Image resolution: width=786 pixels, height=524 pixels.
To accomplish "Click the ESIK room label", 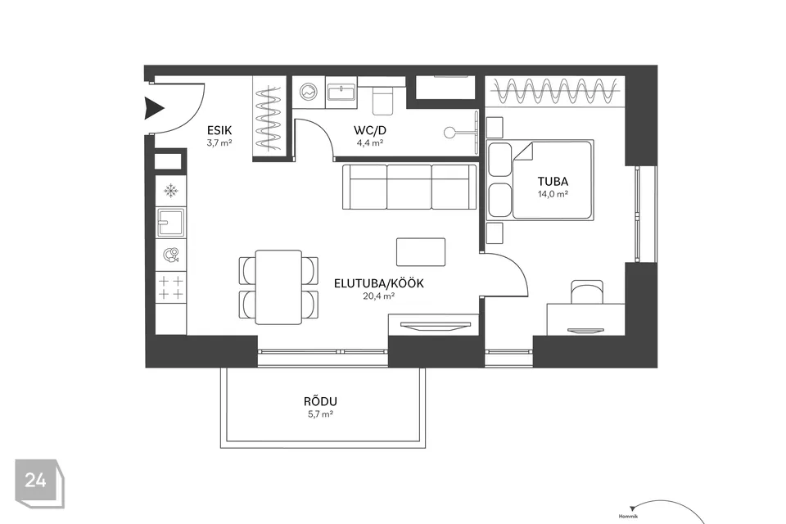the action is tap(219, 130).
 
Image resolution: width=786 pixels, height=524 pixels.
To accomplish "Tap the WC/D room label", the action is tap(370, 130).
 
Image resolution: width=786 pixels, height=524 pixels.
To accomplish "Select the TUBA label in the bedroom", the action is tap(553, 182).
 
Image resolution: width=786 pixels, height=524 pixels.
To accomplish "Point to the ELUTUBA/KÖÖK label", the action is tap(379, 283).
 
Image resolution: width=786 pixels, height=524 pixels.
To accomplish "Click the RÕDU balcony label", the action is tap(320, 401).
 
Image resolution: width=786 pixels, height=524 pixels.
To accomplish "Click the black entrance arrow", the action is tap(155, 108).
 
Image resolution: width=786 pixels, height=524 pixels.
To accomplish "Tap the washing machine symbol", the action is tap(309, 92).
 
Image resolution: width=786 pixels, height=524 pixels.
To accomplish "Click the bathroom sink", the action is tap(341, 93).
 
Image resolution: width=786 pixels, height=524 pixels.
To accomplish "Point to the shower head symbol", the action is tap(449, 133).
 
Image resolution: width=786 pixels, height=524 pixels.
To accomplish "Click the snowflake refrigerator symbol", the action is tap(171, 191).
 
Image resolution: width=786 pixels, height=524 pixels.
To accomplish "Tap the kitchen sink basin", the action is tap(171, 223).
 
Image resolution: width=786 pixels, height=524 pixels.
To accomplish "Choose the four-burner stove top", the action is tap(171, 287).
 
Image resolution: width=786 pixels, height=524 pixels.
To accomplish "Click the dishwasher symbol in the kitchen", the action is tap(171, 255).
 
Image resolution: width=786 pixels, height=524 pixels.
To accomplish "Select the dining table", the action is tap(278, 287).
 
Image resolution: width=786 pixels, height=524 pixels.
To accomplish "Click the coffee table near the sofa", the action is tap(421, 251).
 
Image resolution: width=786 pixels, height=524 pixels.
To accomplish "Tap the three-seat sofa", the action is tap(409, 187).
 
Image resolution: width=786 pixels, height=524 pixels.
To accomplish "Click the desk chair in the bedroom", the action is tap(587, 291).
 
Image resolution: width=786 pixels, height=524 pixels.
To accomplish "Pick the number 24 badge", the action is tap(39, 483).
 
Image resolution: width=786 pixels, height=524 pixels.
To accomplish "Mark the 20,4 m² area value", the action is tap(379, 296).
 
